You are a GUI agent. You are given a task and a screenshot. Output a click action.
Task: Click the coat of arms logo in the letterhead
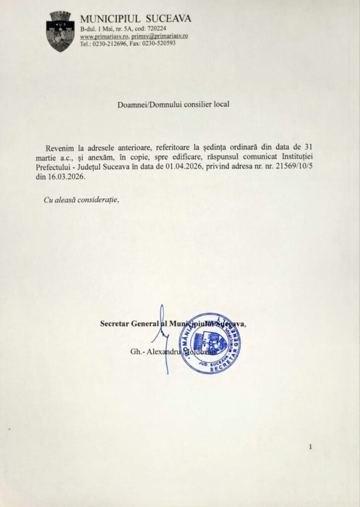click(x=60, y=31)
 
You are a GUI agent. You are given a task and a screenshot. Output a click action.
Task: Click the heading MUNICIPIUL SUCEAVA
click(x=135, y=19)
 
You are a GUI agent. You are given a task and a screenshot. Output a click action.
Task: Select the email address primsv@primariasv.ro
click(x=159, y=37)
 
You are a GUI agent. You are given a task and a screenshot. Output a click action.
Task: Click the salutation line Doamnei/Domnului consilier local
click(x=174, y=104)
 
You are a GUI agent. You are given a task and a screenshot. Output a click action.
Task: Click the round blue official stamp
click(x=209, y=343)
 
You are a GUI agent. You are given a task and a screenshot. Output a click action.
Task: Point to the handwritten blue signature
click(x=161, y=337)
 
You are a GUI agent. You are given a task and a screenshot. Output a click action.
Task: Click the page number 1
click(x=310, y=447)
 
